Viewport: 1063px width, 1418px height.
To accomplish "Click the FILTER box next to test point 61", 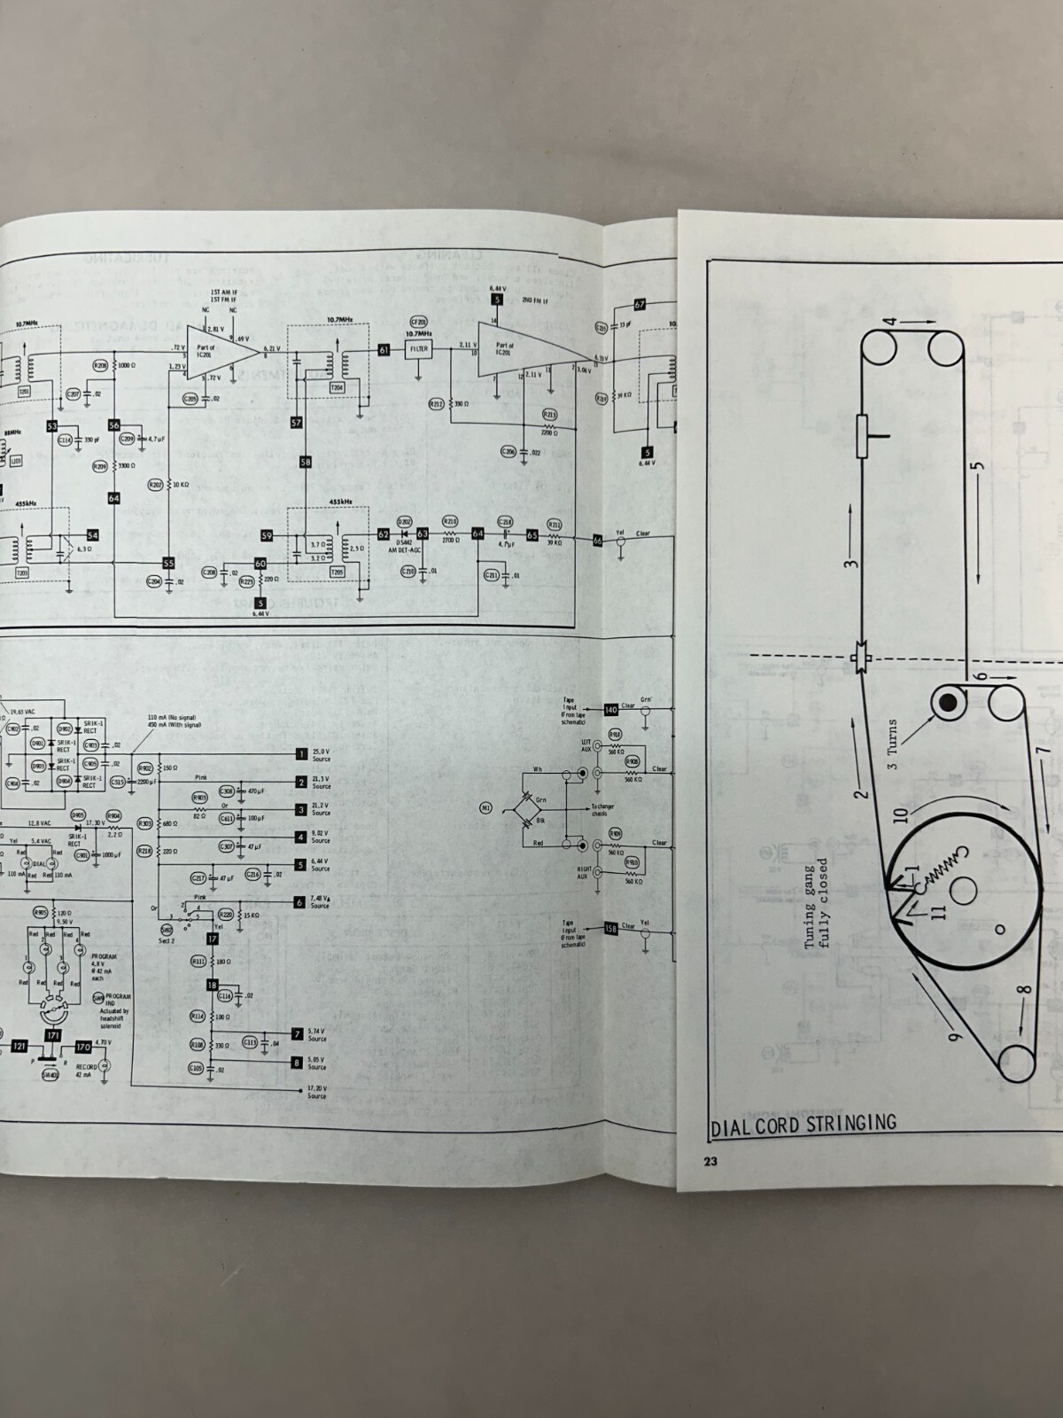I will [419, 349].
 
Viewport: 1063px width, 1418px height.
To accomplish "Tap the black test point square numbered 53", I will [52, 426].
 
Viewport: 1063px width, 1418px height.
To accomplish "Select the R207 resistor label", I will [156, 485].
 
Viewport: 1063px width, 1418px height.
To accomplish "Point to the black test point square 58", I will [306, 462].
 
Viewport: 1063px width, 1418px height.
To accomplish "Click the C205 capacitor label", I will [190, 400].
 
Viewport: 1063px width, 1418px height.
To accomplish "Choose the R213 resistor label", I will [549, 415].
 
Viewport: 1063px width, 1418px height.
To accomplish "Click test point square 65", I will [531, 535].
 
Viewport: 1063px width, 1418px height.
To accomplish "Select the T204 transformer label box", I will [337, 388].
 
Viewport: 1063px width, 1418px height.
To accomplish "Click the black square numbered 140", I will [610, 710].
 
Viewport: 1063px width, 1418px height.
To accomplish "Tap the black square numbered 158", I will [610, 929].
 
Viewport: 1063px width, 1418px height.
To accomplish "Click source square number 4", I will [301, 837].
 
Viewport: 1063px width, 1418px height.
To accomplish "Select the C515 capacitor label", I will [118, 783].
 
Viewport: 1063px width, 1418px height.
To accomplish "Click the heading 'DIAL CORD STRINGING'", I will [803, 1125].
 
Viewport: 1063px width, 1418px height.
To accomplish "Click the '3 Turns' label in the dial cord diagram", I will [892, 744].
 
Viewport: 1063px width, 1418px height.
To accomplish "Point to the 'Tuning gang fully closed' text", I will [816, 902].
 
